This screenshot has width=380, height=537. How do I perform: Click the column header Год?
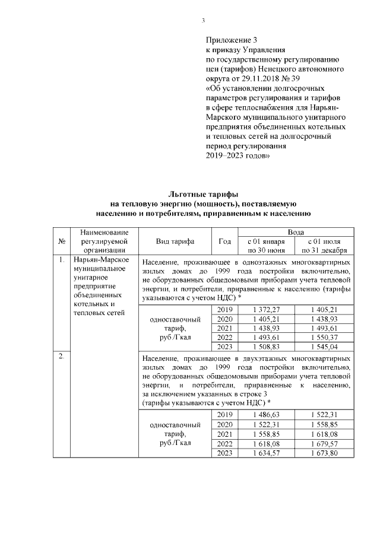click(x=225, y=242)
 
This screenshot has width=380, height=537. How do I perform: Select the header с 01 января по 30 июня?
click(x=266, y=246)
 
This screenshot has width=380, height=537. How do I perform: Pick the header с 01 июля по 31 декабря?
click(x=324, y=246)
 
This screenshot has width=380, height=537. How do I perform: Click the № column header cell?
click(x=62, y=242)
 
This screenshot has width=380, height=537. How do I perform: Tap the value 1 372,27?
click(x=266, y=310)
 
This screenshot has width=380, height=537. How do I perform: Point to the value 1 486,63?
click(x=266, y=415)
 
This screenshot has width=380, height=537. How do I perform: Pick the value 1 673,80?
click(x=324, y=453)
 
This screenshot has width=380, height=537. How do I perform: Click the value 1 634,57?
click(x=266, y=453)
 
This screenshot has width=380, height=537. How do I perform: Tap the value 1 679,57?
click(x=324, y=444)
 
